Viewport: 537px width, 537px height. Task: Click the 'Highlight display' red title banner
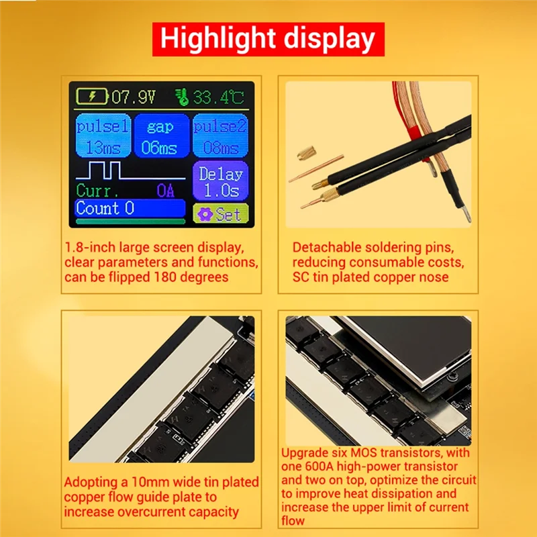(268, 39)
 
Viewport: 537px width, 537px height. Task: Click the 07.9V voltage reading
(134, 97)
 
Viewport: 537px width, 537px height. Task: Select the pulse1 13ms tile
(103, 136)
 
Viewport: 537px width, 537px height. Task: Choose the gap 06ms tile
(160, 136)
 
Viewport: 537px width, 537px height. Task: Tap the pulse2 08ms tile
(220, 136)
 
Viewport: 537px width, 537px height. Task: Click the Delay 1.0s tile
(220, 181)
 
